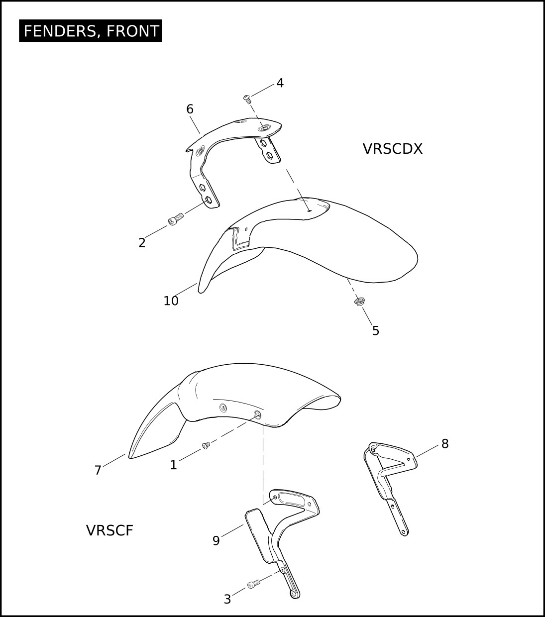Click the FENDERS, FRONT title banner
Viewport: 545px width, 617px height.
[91, 31]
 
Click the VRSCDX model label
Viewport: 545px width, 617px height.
[392, 149]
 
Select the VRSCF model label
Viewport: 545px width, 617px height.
[109, 530]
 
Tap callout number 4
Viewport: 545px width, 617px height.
[280, 83]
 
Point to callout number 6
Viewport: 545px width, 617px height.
[190, 109]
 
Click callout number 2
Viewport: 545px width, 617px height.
[142, 243]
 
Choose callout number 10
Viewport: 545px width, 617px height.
[171, 301]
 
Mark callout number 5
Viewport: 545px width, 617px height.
[376, 331]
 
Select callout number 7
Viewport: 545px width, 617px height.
[98, 470]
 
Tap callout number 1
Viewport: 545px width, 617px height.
[173, 465]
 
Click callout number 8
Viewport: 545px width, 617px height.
[445, 444]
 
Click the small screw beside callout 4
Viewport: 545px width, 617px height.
[247, 99]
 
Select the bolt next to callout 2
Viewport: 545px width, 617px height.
[176, 219]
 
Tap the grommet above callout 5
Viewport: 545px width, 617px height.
[359, 302]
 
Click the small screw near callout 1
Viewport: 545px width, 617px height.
[206, 445]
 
